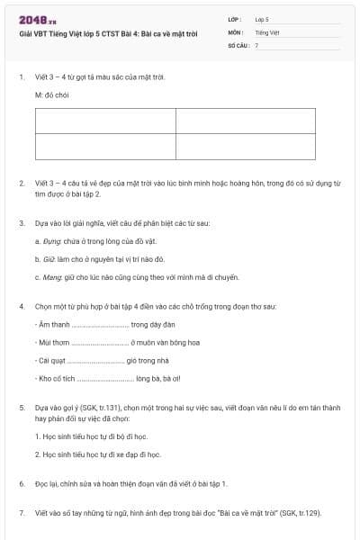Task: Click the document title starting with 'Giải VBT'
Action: (x=108, y=33)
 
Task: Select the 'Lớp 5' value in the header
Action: (x=262, y=18)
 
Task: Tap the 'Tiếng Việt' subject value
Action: (x=266, y=31)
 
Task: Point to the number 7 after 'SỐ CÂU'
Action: (x=256, y=44)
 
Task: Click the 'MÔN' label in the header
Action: (x=236, y=31)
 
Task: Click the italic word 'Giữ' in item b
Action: (x=49, y=258)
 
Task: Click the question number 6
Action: (x=22, y=483)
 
